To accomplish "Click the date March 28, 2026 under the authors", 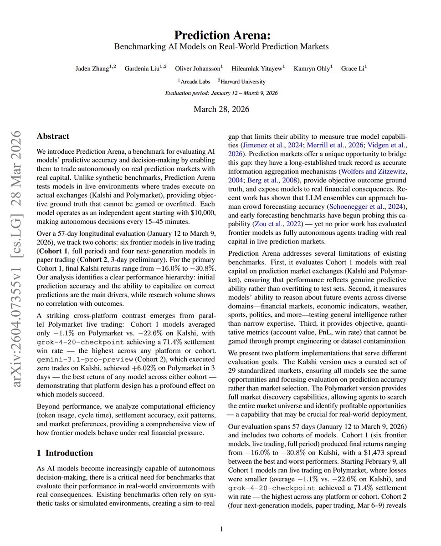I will [x=220, y=109].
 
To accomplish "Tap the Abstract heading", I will [x=53, y=136].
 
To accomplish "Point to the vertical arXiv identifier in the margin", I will [x=17, y=259].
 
